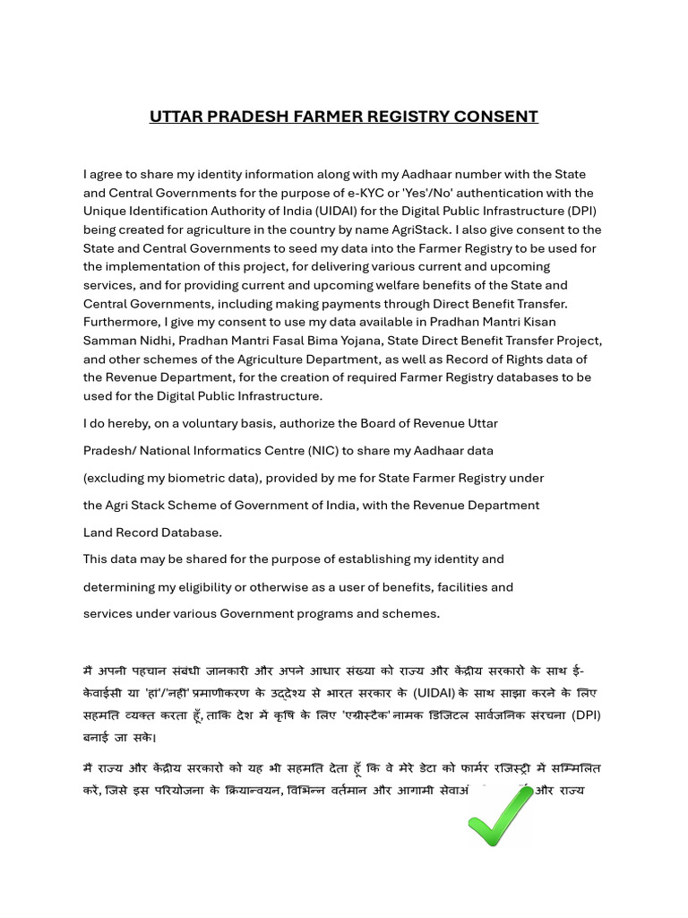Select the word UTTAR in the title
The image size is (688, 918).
(178, 117)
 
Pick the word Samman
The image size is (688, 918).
(110, 341)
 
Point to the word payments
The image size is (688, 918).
(346, 304)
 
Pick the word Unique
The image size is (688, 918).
(105, 212)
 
